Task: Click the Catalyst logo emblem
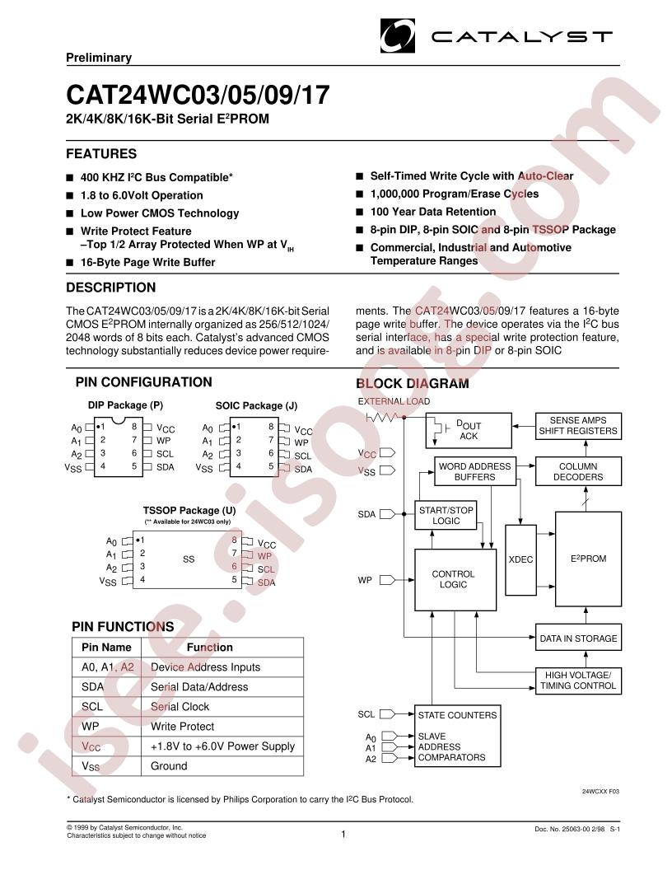[397, 35]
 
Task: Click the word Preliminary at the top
[99, 58]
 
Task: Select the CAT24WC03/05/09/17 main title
[198, 95]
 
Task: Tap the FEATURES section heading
[101, 154]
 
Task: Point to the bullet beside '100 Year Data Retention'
[359, 212]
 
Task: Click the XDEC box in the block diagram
[520, 560]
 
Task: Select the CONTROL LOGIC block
[455, 580]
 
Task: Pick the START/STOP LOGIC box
[446, 516]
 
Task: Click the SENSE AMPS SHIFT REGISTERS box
[578, 426]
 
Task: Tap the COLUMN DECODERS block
[578, 471]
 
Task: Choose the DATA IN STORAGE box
[578, 638]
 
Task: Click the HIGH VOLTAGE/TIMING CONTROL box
[578, 681]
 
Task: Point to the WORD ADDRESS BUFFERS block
[474, 471]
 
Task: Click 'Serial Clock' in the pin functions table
[180, 706]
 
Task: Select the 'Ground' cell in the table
[169, 766]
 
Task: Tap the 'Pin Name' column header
[106, 647]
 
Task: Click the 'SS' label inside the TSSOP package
[189, 559]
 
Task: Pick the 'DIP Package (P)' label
[125, 405]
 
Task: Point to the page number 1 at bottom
[343, 834]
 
